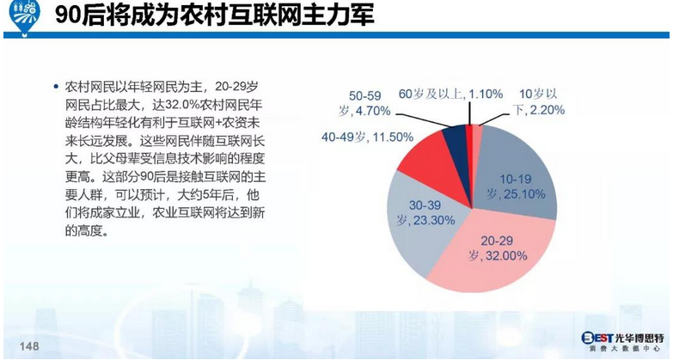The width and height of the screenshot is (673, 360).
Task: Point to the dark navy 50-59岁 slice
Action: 456,137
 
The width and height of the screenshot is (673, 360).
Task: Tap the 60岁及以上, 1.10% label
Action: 450,93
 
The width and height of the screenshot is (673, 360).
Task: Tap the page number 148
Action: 29,345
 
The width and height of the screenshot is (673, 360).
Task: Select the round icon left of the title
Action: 19,18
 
